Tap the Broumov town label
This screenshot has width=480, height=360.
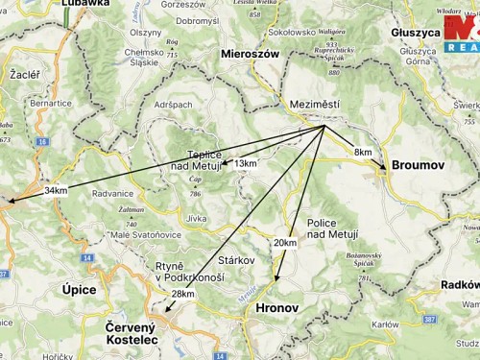pos(418,166)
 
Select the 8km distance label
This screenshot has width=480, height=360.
pos(363,153)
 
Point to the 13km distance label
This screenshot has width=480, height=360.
pos(246,164)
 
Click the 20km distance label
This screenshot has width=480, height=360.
pos(285,243)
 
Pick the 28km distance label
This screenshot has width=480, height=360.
pos(182,294)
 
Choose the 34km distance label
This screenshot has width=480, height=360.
pos(56,191)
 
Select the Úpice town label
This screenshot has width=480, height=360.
pos(79,289)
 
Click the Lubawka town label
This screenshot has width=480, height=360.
pos(85,4)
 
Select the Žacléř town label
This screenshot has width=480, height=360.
pos(22,72)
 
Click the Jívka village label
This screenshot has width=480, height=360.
pos(196,219)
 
